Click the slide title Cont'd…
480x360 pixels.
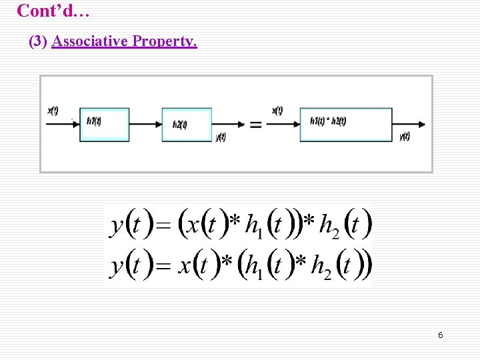tap(51, 11)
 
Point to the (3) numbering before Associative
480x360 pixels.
tap(38, 42)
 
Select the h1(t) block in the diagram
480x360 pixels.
tap(104, 123)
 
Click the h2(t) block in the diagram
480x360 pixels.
tap(186, 124)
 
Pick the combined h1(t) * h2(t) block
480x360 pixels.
tap(345, 123)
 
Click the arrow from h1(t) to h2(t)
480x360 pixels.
tap(145, 124)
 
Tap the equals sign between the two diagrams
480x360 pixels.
tap(255, 125)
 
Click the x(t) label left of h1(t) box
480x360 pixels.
tap(53, 111)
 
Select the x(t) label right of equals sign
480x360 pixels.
tap(277, 111)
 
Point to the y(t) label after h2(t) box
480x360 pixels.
tap(221, 137)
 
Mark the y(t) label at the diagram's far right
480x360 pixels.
tap(405, 137)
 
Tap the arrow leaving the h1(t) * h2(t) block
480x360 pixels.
tap(409, 124)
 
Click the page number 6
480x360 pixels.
tap(440, 335)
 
